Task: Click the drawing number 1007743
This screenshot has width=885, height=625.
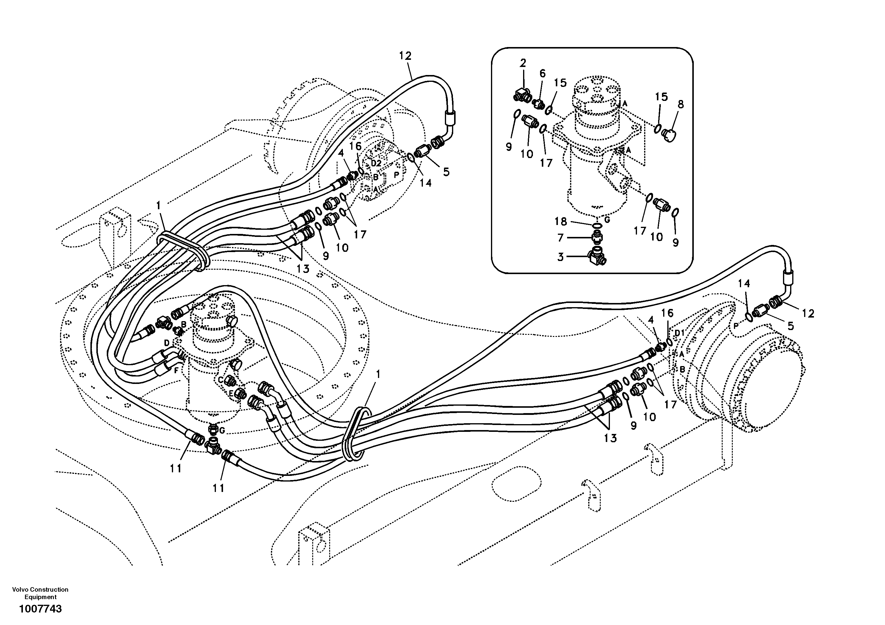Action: [x=40, y=609]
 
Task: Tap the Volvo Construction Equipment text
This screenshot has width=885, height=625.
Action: [x=40, y=593]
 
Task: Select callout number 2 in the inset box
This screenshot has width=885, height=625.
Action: [x=523, y=63]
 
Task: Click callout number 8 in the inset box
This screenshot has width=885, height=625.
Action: [x=680, y=104]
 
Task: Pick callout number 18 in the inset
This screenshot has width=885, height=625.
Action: [x=561, y=221]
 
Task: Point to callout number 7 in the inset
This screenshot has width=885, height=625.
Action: [x=561, y=238]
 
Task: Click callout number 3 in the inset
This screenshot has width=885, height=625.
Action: [x=561, y=257]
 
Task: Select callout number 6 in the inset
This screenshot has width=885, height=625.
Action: [x=542, y=73]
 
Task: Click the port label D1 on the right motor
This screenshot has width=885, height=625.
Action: [x=680, y=332]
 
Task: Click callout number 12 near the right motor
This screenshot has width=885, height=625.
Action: [x=808, y=314]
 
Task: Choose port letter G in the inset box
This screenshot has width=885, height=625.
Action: [x=607, y=220]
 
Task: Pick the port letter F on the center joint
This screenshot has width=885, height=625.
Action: [x=176, y=370]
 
